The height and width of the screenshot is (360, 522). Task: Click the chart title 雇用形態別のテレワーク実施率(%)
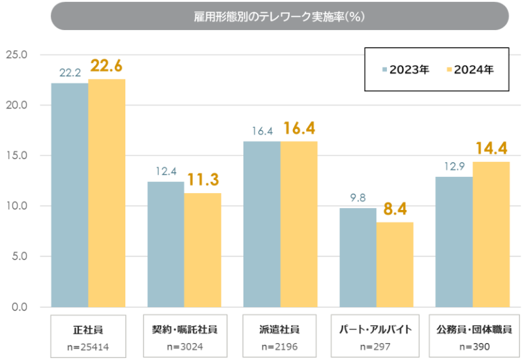click(279, 16)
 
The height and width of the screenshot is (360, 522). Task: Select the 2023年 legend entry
click(405, 69)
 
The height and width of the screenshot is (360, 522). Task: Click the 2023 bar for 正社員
click(70, 195)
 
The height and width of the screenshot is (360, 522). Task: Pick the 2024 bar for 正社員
click(106, 193)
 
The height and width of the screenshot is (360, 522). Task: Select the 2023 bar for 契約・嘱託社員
click(166, 245)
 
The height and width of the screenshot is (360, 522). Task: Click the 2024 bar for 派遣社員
click(299, 224)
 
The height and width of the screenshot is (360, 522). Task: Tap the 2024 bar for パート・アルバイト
click(395, 265)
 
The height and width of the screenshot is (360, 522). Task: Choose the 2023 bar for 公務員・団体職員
click(454, 242)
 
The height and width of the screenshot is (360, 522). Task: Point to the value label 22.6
click(106, 66)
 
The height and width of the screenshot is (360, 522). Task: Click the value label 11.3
click(202, 180)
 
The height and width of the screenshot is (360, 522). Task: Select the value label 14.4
click(491, 149)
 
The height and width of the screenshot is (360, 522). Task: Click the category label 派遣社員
click(280, 329)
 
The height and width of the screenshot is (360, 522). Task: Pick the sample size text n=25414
click(88, 346)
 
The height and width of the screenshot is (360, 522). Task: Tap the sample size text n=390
click(472, 346)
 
